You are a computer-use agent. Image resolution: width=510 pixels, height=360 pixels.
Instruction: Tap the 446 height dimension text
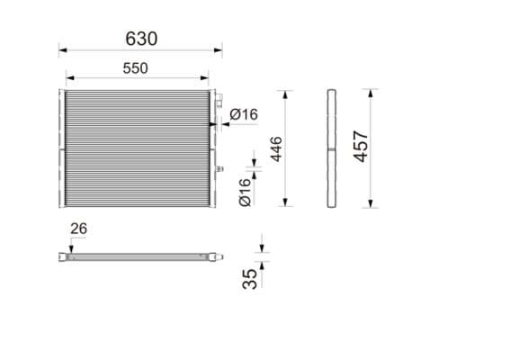pyautogui.click(x=275, y=148)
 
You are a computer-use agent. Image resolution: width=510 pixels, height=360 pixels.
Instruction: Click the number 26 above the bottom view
pyautogui.click(x=78, y=229)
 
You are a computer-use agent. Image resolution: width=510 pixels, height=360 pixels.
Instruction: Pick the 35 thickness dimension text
pyautogui.click(x=250, y=279)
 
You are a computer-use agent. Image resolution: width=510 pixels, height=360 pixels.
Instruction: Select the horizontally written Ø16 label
pyautogui.click(x=244, y=114)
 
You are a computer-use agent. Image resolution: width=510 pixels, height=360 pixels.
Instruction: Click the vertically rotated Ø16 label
pyautogui.click(x=245, y=193)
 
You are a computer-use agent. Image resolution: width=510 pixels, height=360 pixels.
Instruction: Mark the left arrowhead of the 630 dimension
pyautogui.click(x=62, y=50)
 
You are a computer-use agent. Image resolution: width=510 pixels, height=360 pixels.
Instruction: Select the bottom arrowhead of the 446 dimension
pyautogui.click(x=287, y=203)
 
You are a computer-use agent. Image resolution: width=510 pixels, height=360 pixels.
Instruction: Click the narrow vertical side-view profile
pyautogui.click(x=330, y=148)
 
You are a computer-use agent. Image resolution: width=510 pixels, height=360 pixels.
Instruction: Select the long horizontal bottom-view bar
pyautogui.click(x=139, y=257)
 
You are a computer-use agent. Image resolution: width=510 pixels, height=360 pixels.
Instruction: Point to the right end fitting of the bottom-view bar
pyautogui.click(x=217, y=257)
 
